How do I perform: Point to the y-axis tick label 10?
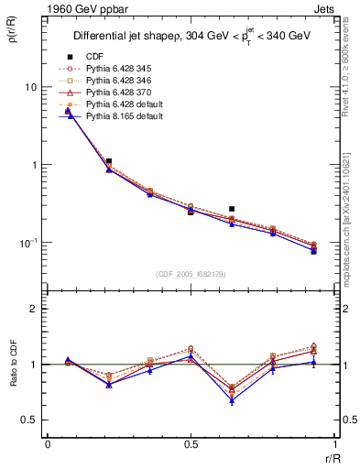31,87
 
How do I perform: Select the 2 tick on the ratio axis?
36,310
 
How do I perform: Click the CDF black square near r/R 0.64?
232,209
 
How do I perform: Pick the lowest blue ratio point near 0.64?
232,400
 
